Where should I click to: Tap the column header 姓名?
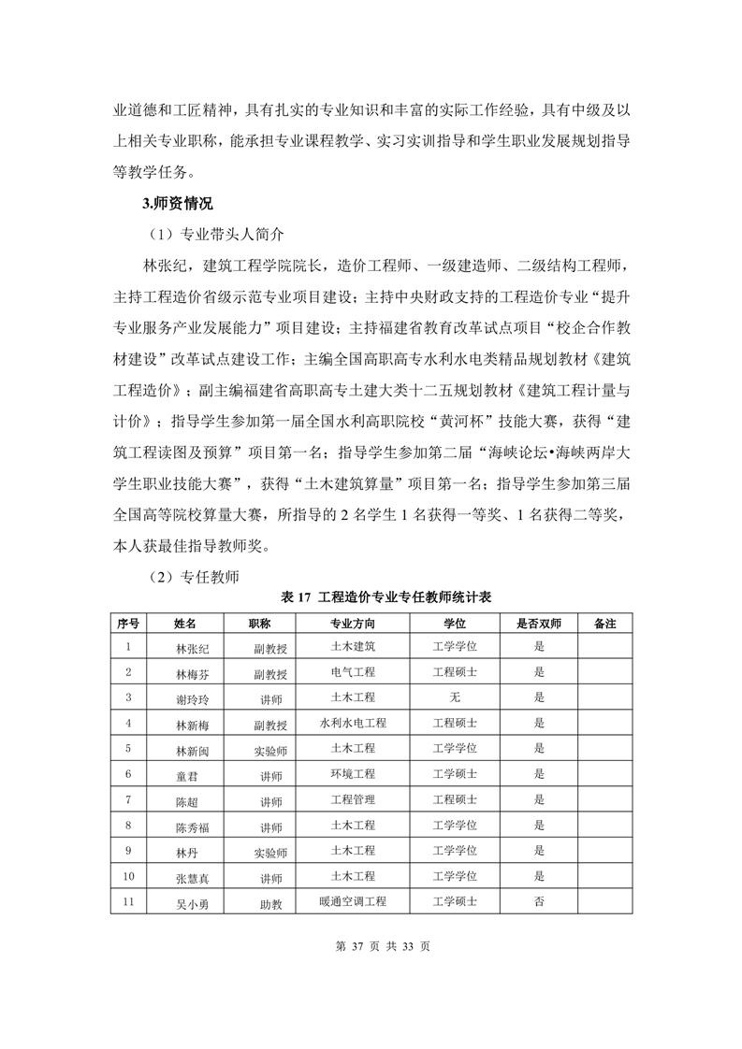[185, 622]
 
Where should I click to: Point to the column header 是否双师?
[538, 622]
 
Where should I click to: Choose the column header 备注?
[604, 622]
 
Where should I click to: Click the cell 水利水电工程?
[353, 723]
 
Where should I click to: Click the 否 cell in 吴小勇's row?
[538, 902]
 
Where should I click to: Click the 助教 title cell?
[270, 904]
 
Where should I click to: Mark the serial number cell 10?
[129, 876]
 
